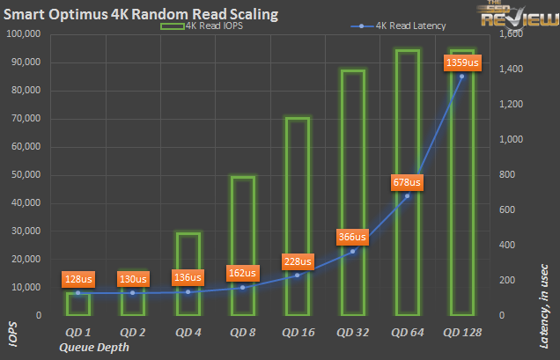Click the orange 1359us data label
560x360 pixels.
[x=462, y=62]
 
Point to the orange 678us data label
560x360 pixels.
[x=407, y=182]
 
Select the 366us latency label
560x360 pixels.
[x=352, y=236]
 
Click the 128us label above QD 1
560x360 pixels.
[x=78, y=279]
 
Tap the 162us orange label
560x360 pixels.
[x=243, y=272]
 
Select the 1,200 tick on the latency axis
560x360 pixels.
[x=512, y=105]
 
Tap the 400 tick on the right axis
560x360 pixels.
[x=507, y=245]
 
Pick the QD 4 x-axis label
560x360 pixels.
[x=188, y=333]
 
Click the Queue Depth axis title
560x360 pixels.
[x=93, y=347]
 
